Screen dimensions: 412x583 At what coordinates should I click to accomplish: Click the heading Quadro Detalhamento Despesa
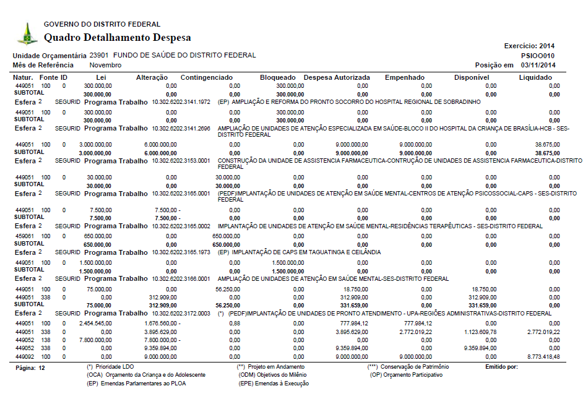[x=117, y=38]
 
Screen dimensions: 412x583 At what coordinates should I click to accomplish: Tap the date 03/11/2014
[x=538, y=65]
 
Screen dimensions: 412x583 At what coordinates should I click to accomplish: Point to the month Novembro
[x=105, y=65]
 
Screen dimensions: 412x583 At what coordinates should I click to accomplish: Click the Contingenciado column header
[x=206, y=77]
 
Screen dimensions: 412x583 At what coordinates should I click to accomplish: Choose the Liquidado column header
[x=535, y=77]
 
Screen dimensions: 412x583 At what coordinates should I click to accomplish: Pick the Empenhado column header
[x=405, y=77]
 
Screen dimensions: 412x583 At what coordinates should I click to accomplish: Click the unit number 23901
[x=99, y=55]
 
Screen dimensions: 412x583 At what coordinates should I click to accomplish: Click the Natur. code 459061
[x=24, y=236]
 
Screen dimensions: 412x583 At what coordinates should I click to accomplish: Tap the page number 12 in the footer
[x=41, y=367]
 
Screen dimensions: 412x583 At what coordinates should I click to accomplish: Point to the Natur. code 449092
[x=24, y=356]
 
